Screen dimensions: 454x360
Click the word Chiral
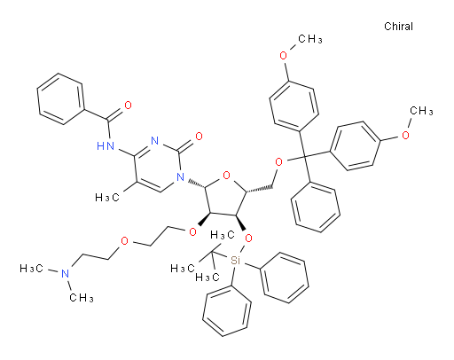398,27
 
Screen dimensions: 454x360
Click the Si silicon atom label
235,261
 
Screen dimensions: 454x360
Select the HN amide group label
106,145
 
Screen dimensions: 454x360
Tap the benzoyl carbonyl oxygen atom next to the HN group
128,106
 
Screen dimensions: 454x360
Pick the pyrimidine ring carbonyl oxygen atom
199,137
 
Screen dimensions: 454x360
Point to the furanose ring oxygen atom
226,176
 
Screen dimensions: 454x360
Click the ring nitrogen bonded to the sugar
180,177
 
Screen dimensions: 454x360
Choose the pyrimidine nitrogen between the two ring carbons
154,140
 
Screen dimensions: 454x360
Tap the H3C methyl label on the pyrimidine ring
107,197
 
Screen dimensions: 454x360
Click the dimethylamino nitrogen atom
65,273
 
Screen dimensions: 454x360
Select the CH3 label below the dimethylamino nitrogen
82,297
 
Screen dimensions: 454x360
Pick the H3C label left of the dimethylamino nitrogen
32,269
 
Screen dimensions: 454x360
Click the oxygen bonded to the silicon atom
249,239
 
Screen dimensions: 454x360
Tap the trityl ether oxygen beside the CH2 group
278,162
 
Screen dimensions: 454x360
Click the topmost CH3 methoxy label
310,39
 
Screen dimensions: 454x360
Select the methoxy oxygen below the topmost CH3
283,56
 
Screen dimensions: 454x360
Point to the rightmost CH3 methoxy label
421,111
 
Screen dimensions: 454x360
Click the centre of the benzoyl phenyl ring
61,99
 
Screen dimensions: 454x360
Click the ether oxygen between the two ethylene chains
124,241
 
